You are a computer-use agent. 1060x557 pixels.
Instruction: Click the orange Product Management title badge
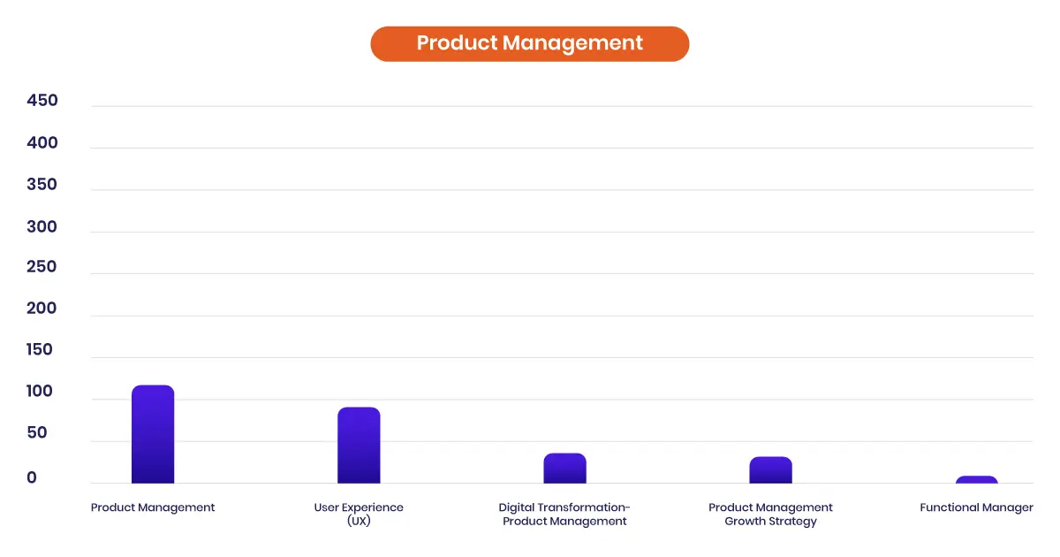(x=529, y=43)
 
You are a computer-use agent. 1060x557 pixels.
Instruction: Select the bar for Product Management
(x=153, y=434)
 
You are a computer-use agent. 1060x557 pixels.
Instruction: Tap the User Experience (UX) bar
(x=359, y=446)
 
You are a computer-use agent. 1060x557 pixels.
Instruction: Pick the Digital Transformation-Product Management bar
(x=564, y=469)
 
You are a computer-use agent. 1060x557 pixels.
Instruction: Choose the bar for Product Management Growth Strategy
(x=770, y=469)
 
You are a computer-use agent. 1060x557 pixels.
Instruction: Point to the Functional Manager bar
(x=977, y=480)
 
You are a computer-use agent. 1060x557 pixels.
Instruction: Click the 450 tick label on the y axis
(x=42, y=101)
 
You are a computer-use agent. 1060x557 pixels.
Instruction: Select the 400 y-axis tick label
(x=42, y=142)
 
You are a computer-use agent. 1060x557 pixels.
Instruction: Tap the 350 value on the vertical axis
(x=42, y=184)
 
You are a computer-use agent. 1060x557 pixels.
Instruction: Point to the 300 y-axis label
(x=42, y=226)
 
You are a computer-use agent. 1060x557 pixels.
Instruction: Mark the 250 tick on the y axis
(x=42, y=267)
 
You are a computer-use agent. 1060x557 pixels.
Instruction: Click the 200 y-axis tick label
(x=42, y=309)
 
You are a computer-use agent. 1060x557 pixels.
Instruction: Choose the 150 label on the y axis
(x=39, y=349)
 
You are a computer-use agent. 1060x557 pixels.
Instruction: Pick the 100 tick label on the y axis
(x=39, y=391)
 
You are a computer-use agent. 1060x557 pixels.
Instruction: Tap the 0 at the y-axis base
(x=32, y=477)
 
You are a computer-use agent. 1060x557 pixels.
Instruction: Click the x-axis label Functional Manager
(x=976, y=507)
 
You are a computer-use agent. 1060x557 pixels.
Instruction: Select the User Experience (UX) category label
(x=359, y=514)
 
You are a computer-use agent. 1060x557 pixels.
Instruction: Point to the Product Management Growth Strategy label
(x=770, y=514)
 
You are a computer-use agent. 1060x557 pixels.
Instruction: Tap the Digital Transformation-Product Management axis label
(x=564, y=514)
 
